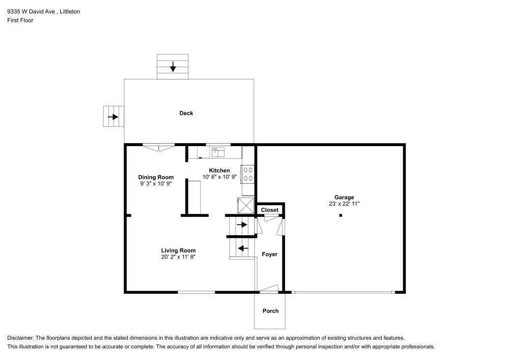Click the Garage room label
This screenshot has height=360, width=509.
[344, 197]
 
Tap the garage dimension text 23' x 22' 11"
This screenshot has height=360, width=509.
[344, 204]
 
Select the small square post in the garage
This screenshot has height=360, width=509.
[341, 215]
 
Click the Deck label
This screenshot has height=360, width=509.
[186, 113]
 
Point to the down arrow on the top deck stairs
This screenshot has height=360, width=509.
[173, 66]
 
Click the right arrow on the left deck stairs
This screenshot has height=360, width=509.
[113, 117]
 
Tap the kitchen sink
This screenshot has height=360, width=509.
[218, 151]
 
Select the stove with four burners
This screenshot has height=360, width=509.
[248, 174]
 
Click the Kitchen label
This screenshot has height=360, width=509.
[219, 170]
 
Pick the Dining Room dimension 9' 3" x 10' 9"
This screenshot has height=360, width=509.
[156, 183]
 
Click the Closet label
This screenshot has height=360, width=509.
[270, 210]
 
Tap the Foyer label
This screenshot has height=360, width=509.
[270, 254]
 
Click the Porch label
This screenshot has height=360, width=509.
[270, 311]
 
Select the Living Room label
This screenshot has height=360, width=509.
[178, 250]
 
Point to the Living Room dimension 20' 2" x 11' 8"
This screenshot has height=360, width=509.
[178, 257]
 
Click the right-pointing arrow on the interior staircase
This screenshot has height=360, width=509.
[242, 224]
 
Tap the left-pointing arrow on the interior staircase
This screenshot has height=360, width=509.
[243, 248]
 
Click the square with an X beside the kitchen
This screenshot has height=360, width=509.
[246, 205]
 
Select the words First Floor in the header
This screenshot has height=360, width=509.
[20, 20]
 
